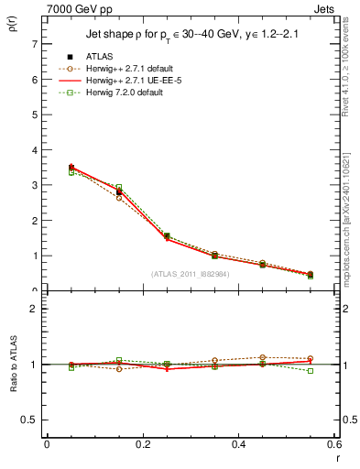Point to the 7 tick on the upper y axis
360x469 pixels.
click(34, 44)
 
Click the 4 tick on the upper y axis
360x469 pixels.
click(34, 149)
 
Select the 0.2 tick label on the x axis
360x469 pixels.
click(142, 444)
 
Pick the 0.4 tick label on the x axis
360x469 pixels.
click(238, 444)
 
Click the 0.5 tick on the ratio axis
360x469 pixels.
click(30, 420)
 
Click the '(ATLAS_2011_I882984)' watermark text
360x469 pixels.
click(189, 273)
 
